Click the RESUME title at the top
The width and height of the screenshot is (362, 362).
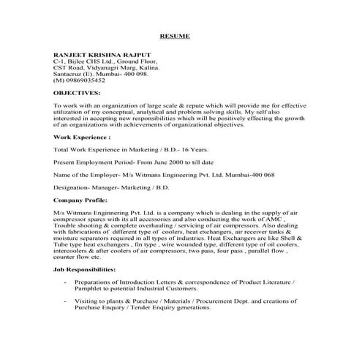click(x=175, y=35)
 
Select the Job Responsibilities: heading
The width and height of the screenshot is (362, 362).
click(x=85, y=270)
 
